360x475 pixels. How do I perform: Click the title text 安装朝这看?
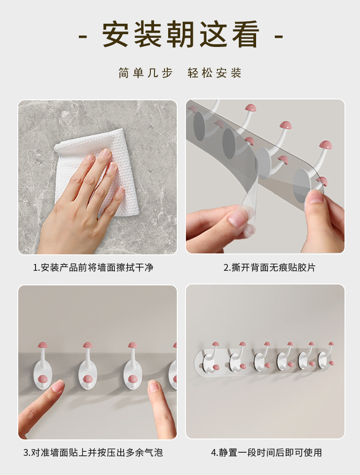(181, 34)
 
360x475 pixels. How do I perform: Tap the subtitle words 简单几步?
(145, 73)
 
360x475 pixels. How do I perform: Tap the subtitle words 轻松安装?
(214, 73)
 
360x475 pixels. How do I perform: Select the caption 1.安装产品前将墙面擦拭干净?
(93, 268)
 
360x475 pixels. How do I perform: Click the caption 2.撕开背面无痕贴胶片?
(269, 268)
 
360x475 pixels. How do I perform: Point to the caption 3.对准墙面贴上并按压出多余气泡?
(93, 453)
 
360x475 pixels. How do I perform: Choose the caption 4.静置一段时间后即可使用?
(267, 453)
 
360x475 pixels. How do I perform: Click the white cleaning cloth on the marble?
(97, 170)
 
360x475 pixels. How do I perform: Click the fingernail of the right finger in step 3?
(154, 387)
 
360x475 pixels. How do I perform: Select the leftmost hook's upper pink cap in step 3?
(43, 345)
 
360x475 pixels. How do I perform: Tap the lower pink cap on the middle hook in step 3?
(133, 379)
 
